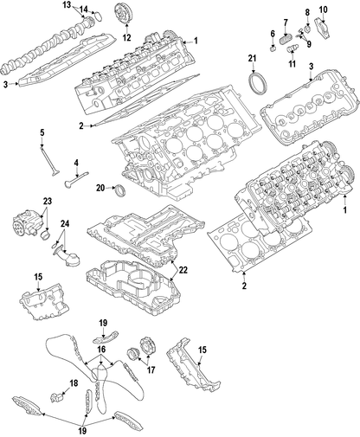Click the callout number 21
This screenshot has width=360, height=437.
coord(253,58)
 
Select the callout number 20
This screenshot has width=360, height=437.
coord(100,188)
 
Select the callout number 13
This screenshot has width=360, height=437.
coord(67,5)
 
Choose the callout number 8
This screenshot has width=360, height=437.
coord(305,10)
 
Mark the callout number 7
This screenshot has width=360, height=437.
coord(286,21)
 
